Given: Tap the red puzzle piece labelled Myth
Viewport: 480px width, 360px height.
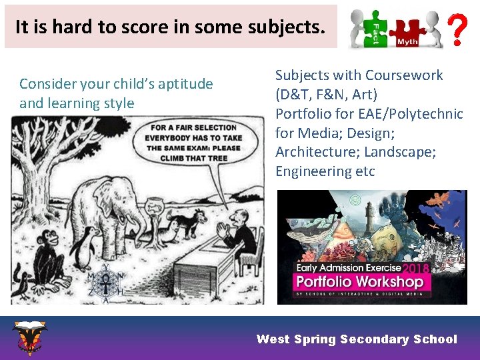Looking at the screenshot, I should coord(406,33).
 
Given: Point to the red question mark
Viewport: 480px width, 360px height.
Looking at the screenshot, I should coord(456,31).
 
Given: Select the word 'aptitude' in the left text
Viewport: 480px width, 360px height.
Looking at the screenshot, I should coord(181,84).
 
